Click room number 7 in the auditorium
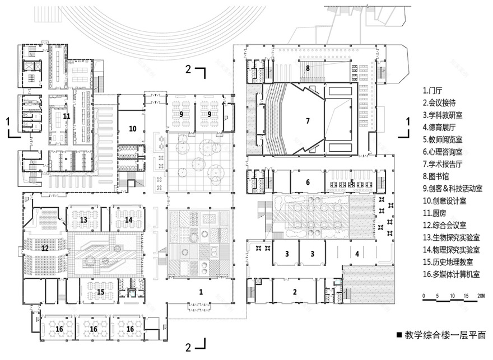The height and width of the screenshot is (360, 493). (x=308, y=121)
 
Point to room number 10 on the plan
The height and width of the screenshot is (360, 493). (x=133, y=128)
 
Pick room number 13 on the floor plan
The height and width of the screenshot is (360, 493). (x=83, y=220)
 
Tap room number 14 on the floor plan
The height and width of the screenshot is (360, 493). (x=128, y=220)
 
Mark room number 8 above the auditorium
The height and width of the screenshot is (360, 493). (x=308, y=68)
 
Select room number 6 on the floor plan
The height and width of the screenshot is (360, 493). (x=308, y=182)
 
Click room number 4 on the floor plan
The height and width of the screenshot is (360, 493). (x=356, y=253)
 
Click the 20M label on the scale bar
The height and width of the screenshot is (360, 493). (x=480, y=296)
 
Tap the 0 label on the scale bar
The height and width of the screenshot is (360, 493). (x=424, y=296)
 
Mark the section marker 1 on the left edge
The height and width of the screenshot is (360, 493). (x=7, y=120)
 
